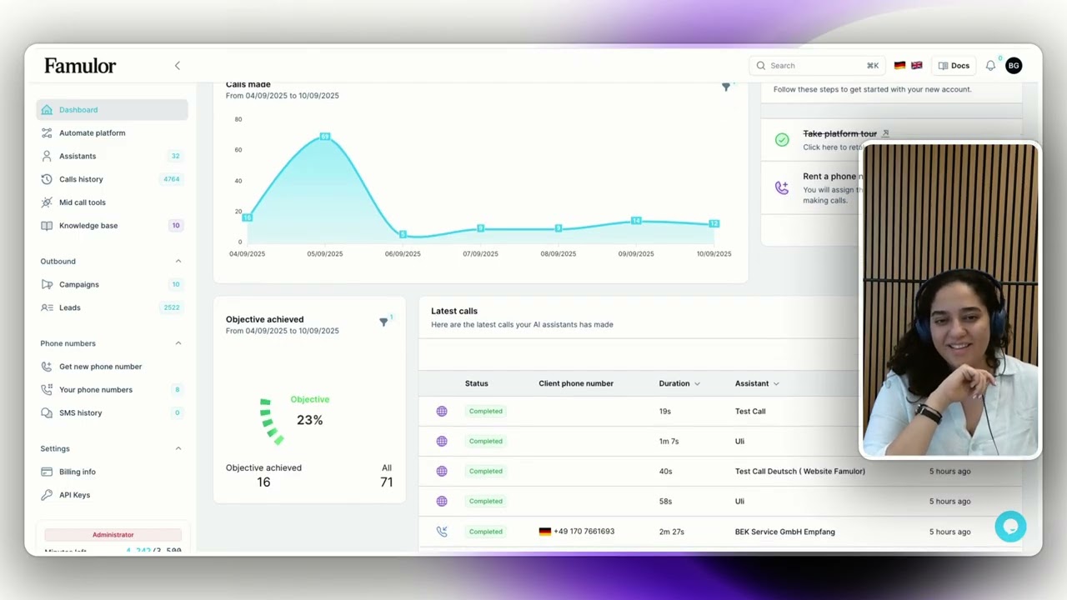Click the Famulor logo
80,66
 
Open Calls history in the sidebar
81,179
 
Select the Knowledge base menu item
88,226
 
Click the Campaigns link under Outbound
78,285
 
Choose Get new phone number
100,367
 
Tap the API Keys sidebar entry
74,495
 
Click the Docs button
954,66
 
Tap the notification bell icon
990,66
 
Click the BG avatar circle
1014,66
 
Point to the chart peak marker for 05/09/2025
325,136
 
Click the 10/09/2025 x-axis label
714,254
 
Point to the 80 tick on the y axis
238,119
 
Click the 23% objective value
309,420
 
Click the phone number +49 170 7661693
584,532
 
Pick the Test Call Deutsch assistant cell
799,472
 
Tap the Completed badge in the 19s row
485,412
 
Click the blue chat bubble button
1010,527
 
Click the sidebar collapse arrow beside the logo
177,66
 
